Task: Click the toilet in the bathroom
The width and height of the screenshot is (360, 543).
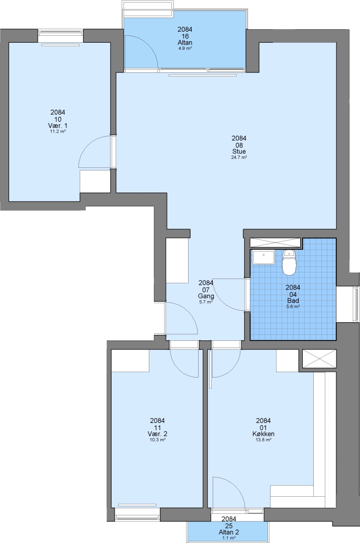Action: [290, 262]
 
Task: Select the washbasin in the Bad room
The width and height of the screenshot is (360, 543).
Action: [263, 257]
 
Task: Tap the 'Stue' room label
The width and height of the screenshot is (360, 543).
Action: [239, 152]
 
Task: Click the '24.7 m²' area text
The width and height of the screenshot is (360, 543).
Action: [239, 157]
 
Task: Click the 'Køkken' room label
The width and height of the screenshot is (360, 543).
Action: [263, 434]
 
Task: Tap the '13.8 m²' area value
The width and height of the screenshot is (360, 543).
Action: [263, 440]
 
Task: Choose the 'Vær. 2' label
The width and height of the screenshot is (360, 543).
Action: [157, 434]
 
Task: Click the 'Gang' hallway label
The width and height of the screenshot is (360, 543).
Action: [206, 296]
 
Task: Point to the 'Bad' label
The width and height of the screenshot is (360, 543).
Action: [293, 301]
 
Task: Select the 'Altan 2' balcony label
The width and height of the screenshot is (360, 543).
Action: [229, 532]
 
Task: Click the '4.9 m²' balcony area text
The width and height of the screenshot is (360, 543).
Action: [185, 48]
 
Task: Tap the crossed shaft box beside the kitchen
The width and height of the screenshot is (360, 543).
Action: [319, 358]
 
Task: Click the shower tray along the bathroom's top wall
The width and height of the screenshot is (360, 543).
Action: [275, 242]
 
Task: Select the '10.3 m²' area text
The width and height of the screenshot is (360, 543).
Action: [157, 440]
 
